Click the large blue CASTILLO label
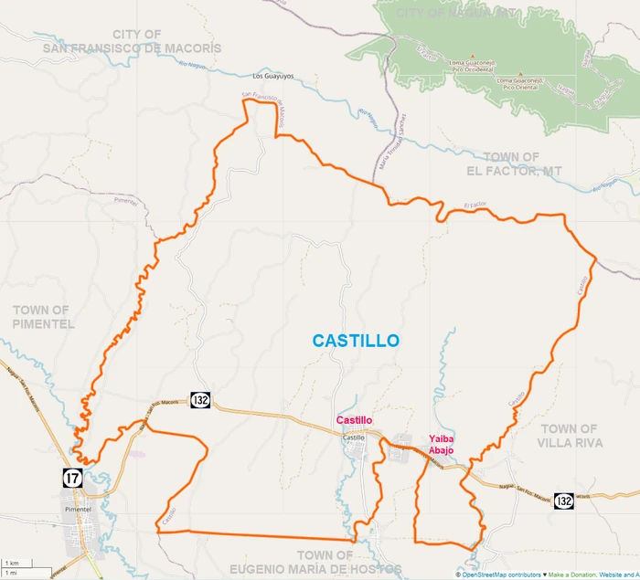click(x=356, y=341)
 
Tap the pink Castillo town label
click(x=355, y=420)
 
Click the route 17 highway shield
click(x=73, y=477)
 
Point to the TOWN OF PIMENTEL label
click(x=42, y=317)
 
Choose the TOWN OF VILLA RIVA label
click(x=570, y=436)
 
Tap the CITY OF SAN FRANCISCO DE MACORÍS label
click(x=132, y=41)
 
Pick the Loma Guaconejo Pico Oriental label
click(x=520, y=83)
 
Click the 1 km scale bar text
click(x=12, y=563)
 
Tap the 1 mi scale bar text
click(x=12, y=573)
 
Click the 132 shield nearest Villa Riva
click(x=564, y=501)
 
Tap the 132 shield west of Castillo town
click(x=201, y=400)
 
